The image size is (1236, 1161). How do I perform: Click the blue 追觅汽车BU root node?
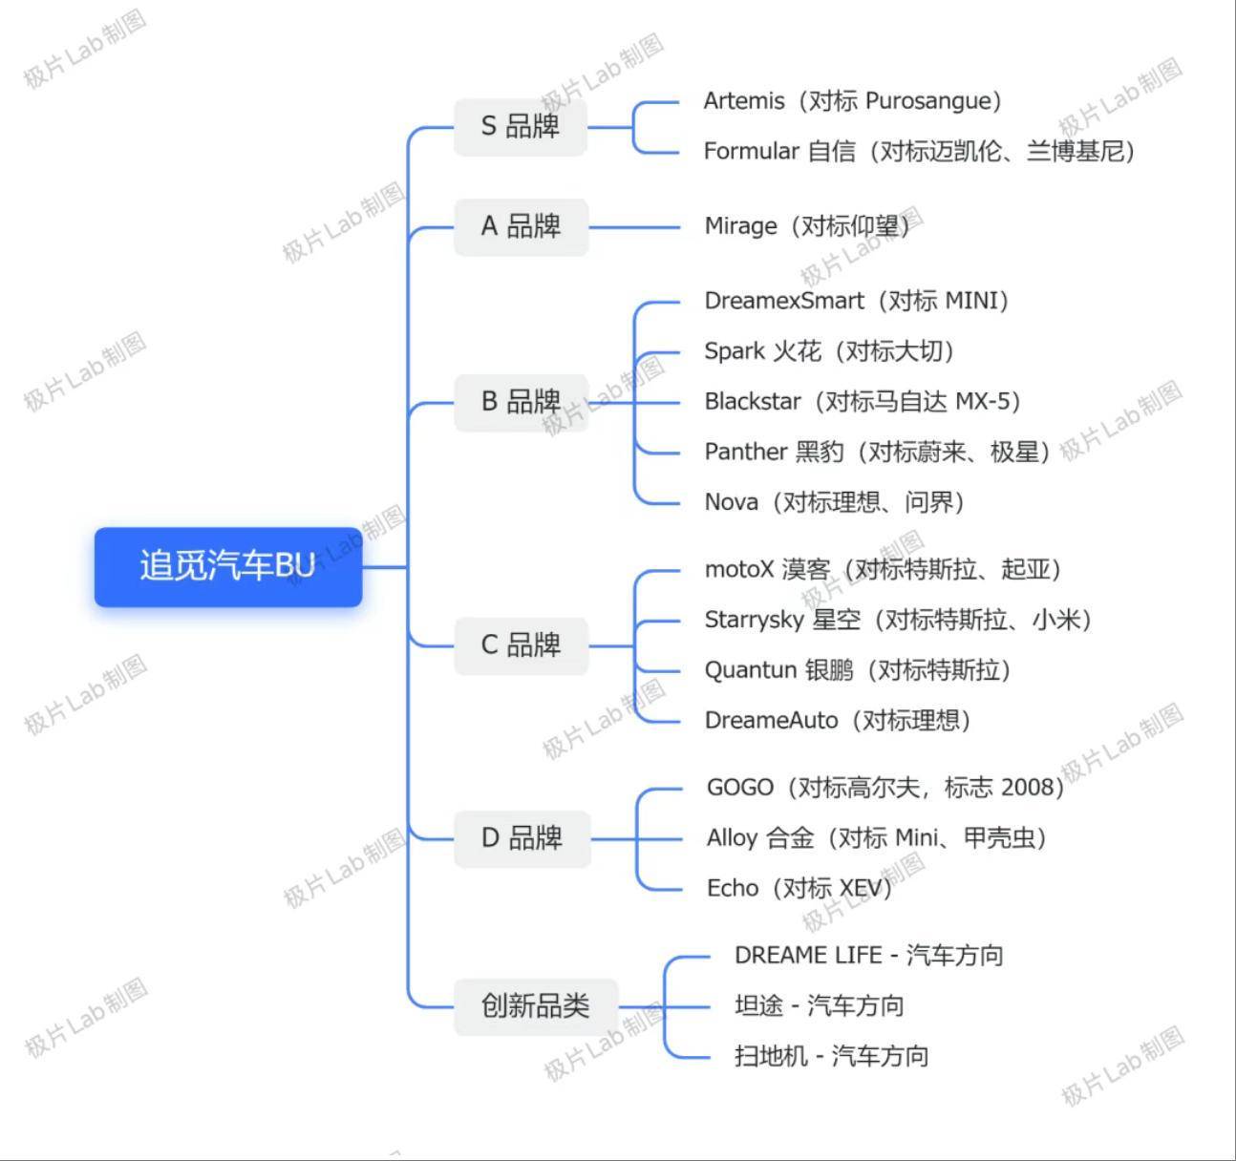pyautogui.click(x=227, y=567)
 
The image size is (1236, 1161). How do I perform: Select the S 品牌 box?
pyautogui.click(x=521, y=127)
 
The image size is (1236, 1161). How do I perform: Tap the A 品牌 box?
pyautogui.click(x=521, y=227)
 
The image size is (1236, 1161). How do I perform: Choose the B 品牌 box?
pyautogui.click(x=521, y=403)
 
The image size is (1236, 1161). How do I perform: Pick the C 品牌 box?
pyautogui.click(x=521, y=645)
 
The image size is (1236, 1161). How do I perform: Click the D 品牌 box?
pyautogui.click(x=522, y=838)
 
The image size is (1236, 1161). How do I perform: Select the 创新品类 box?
pyautogui.click(x=536, y=1006)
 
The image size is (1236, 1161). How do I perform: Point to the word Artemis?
pyautogui.click(x=744, y=101)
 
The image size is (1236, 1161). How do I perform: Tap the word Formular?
pyautogui.click(x=751, y=151)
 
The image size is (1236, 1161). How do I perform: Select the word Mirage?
pyautogui.click(x=740, y=227)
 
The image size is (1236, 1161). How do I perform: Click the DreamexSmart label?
pyautogui.click(x=784, y=301)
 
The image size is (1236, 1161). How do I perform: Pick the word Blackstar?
pyautogui.click(x=753, y=402)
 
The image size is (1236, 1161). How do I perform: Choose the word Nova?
pyautogui.click(x=732, y=502)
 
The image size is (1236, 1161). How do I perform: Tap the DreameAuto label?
pyautogui.click(x=771, y=721)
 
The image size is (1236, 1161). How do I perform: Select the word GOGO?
pyautogui.click(x=740, y=788)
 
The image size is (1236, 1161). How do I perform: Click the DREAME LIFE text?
pyautogui.click(x=808, y=956)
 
